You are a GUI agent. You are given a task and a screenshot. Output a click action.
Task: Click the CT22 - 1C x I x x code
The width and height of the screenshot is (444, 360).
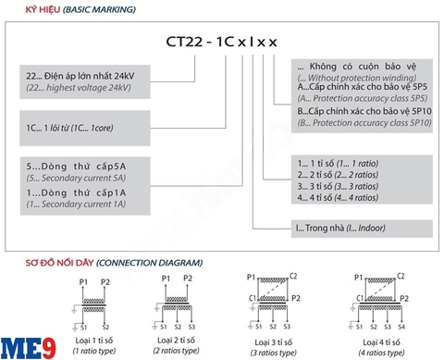(x=222, y=42)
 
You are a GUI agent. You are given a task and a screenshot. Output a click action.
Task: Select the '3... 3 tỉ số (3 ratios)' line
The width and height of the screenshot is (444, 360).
(x=338, y=185)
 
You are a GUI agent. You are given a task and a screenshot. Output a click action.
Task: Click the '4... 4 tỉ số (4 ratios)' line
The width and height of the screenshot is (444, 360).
(x=338, y=197)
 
